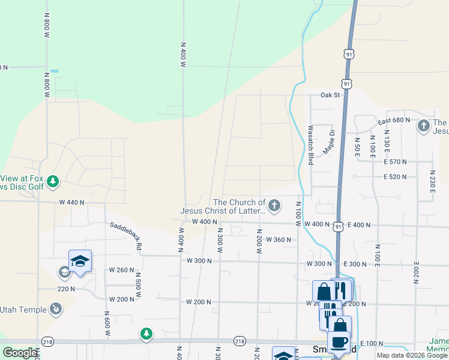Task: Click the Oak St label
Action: [x=330, y=95]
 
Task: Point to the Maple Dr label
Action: [x=328, y=142]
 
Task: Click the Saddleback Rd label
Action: [x=126, y=235]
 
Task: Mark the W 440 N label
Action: [x=71, y=203]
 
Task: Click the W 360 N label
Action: [x=278, y=240]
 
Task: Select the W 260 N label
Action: [x=121, y=270]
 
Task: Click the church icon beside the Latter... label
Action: [x=274, y=206]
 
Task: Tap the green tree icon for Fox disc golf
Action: [x=53, y=181]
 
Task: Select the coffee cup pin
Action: [x=339, y=341]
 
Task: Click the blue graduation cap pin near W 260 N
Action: [x=80, y=260]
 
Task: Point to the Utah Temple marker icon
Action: [x=55, y=309]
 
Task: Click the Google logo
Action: [x=20, y=353]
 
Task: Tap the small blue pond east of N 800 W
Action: [x=55, y=71]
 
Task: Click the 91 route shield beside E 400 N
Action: [x=339, y=226]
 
